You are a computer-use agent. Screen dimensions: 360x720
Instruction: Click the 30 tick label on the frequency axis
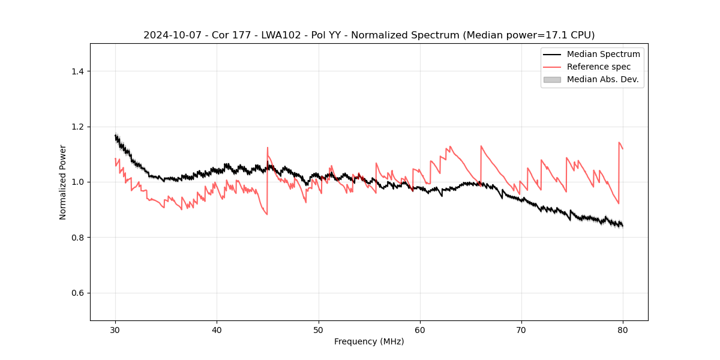click(x=115, y=330)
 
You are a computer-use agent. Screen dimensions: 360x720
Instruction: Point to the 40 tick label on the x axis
click(x=217, y=330)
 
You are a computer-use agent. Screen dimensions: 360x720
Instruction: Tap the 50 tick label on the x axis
click(x=319, y=330)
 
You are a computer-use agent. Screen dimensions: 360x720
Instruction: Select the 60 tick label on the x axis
click(x=420, y=330)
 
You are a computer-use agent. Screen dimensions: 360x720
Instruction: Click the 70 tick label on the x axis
click(x=521, y=330)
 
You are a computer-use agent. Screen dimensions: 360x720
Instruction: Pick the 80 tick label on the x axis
click(x=623, y=330)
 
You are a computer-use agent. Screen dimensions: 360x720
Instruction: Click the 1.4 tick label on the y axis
click(x=77, y=71)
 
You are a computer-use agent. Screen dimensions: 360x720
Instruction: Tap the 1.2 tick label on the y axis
click(x=77, y=127)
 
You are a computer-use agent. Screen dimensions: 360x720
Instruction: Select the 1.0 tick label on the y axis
click(x=77, y=182)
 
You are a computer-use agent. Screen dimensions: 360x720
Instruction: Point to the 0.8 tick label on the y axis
click(x=77, y=238)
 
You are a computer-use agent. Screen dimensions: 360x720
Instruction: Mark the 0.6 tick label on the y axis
click(x=77, y=293)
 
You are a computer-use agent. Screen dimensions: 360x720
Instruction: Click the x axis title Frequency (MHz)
click(x=369, y=341)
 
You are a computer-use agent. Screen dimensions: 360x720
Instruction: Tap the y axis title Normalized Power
click(x=63, y=182)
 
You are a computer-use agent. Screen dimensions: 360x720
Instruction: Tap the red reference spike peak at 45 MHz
click(x=268, y=147)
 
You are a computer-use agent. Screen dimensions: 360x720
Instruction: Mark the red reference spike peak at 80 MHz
click(x=619, y=142)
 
